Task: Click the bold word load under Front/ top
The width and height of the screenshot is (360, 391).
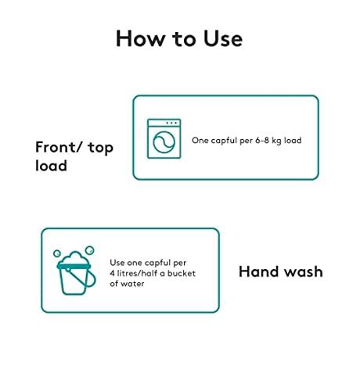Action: [x=51, y=166]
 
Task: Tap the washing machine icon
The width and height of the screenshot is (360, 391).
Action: [x=164, y=138]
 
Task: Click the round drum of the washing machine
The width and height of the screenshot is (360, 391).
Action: [x=164, y=142]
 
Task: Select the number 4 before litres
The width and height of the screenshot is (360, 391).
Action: [x=112, y=273]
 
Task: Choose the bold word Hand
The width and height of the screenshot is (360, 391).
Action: [x=259, y=271]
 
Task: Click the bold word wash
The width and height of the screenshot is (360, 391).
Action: [x=303, y=271]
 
